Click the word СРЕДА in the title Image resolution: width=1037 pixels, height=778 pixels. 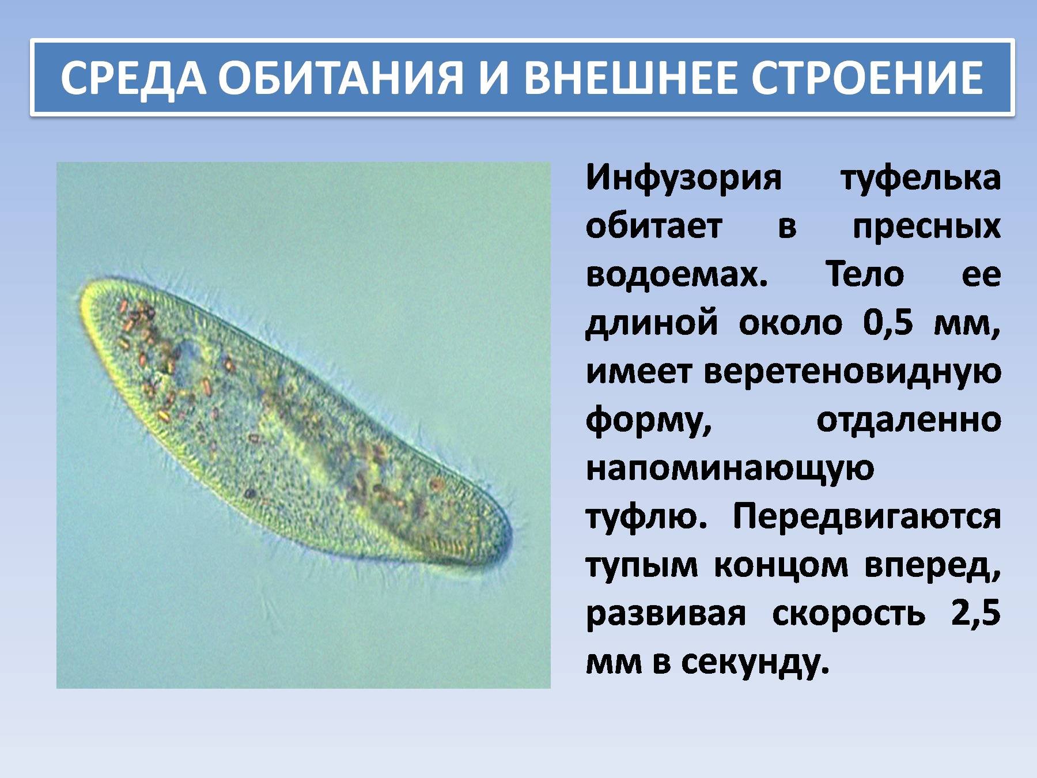[x=133, y=77]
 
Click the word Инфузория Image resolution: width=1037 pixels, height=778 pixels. [x=684, y=179]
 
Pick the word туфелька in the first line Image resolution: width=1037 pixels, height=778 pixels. [x=921, y=179]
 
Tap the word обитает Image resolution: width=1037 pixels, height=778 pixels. [x=654, y=226]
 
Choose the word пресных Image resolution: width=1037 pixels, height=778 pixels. [x=926, y=227]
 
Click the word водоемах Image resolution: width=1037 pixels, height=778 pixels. [x=677, y=274]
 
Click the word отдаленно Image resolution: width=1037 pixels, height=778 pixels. [x=909, y=421]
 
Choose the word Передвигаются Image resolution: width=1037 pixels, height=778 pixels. [x=866, y=517]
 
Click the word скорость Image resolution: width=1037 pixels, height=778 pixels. [x=848, y=614]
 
